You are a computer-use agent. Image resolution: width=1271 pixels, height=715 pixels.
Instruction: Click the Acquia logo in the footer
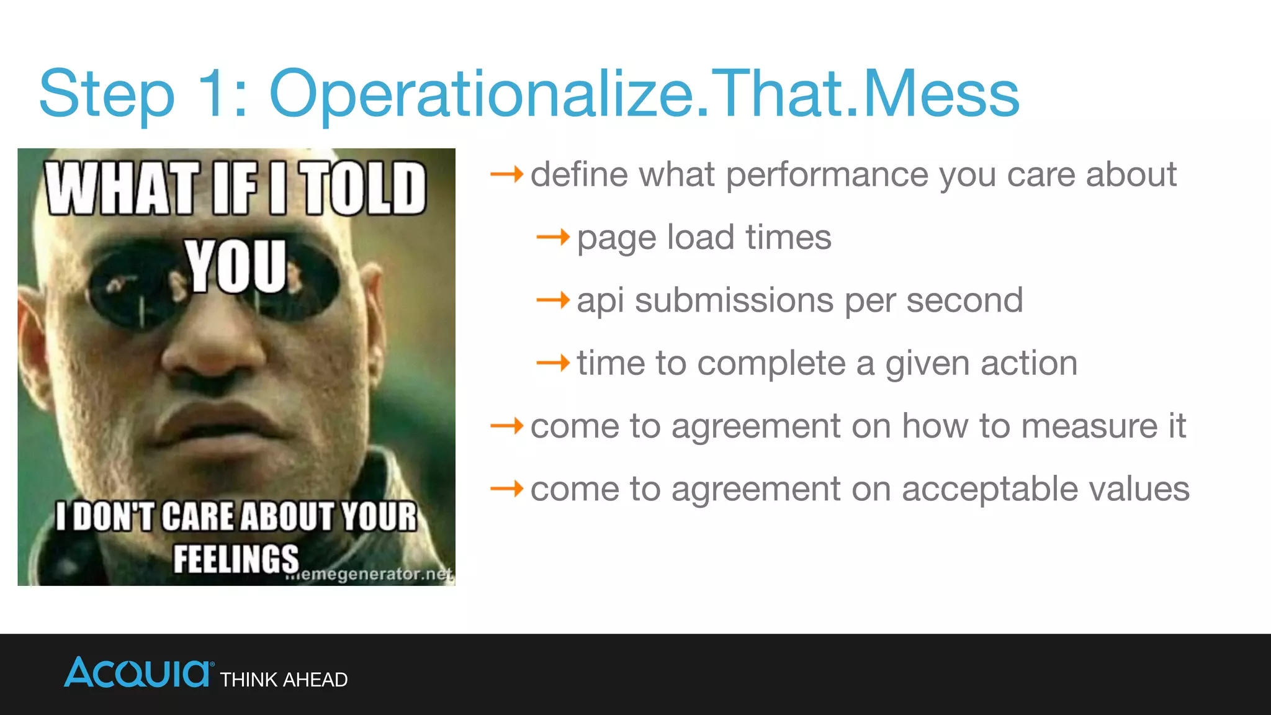click(x=138, y=673)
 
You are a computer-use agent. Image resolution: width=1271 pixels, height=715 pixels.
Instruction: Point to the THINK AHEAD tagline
click(x=284, y=680)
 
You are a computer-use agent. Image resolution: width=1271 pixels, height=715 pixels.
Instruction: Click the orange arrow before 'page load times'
click(x=552, y=237)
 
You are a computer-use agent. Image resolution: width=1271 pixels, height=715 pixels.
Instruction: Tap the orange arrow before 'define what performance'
click(x=506, y=174)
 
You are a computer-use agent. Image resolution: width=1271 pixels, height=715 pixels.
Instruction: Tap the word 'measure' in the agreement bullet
click(x=1089, y=427)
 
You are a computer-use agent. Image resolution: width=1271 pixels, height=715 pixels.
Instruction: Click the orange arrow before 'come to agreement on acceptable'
click(x=506, y=489)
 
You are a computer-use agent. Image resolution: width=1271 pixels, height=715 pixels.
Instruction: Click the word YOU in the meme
click(x=236, y=267)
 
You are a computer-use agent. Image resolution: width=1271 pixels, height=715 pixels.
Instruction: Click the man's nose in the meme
click(x=211, y=354)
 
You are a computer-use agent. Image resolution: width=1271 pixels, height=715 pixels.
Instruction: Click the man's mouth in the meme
click(x=217, y=422)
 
